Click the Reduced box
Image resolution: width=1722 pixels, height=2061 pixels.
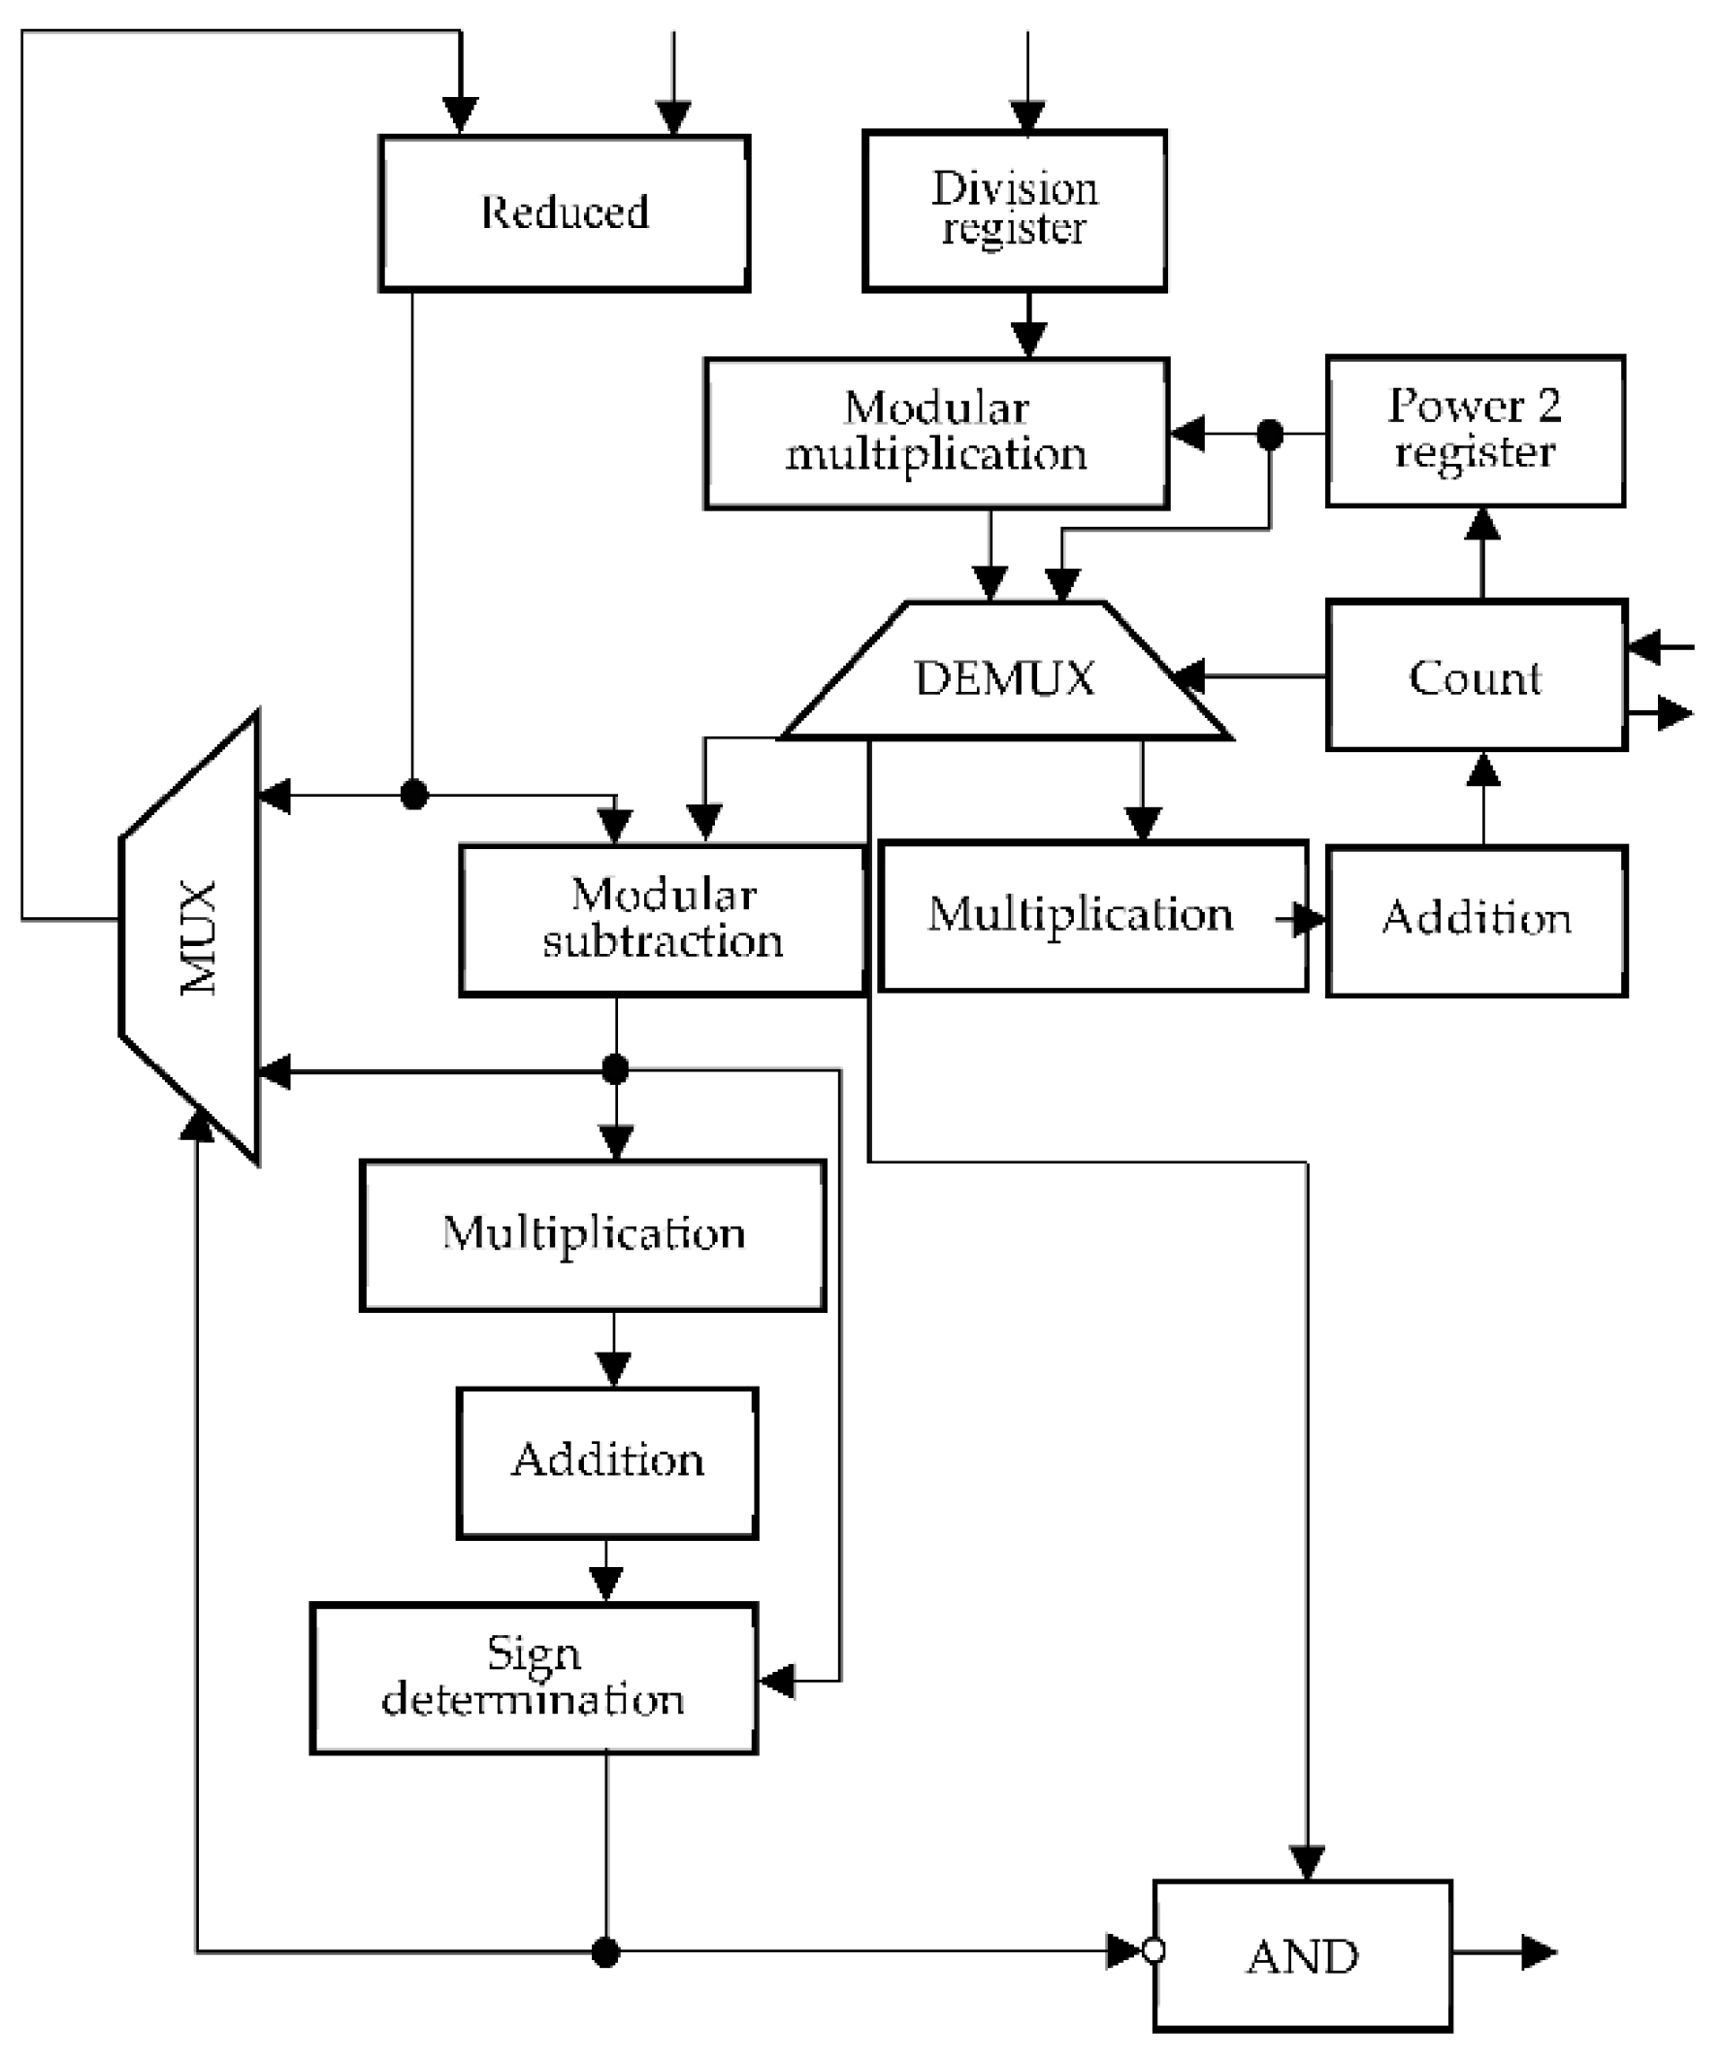565,213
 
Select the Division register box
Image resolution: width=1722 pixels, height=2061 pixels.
1014,210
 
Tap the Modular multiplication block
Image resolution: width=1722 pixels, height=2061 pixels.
936,433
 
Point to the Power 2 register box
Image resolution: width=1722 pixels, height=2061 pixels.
1475,431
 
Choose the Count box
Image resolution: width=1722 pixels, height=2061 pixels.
1476,675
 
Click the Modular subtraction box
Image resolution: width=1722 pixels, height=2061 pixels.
663,920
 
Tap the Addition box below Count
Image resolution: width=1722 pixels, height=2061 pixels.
1476,920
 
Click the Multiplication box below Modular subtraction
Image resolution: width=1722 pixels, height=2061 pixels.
593,1234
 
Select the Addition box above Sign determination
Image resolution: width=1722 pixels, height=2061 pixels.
606,1461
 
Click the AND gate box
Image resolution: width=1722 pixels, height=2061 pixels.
1302,1956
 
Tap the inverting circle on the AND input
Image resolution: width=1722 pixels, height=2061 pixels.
1153,1950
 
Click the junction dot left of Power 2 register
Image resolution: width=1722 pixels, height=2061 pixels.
1270,434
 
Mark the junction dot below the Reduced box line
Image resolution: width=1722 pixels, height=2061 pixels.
414,794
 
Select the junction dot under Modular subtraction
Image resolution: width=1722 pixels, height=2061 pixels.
615,1069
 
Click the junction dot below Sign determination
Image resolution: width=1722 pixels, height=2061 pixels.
605,1952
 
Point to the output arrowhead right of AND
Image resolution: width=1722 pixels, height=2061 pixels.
1538,1952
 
